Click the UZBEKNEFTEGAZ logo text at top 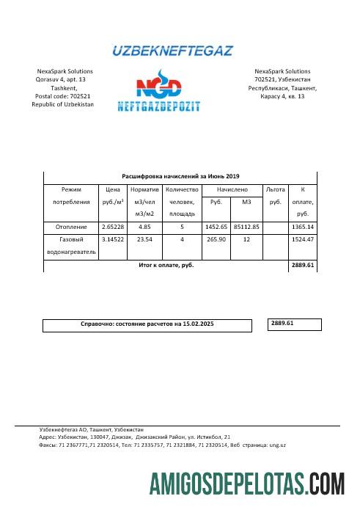[x=172, y=51]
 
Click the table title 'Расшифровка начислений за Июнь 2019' [x=180, y=176]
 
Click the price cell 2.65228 [x=113, y=227]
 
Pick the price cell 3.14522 [x=113, y=239]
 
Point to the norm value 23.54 [x=144, y=239]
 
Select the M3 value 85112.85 [x=246, y=227]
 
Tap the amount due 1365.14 [x=302, y=227]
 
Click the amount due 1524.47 [x=302, y=239]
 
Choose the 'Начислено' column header [x=232, y=189]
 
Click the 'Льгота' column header [x=275, y=189]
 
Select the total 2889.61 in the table [x=302, y=265]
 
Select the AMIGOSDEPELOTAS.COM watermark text [x=247, y=485]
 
